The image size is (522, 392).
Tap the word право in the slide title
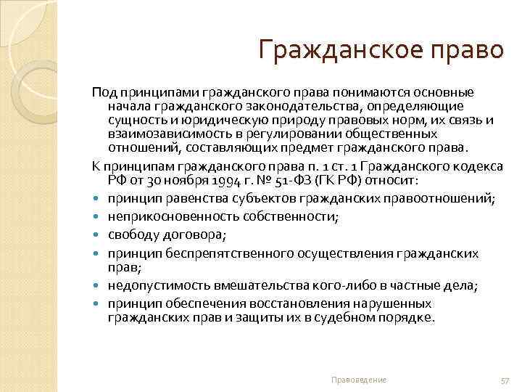[x=469, y=52]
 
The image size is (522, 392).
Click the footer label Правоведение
[x=358, y=380]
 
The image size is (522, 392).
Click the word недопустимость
[x=150, y=286]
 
